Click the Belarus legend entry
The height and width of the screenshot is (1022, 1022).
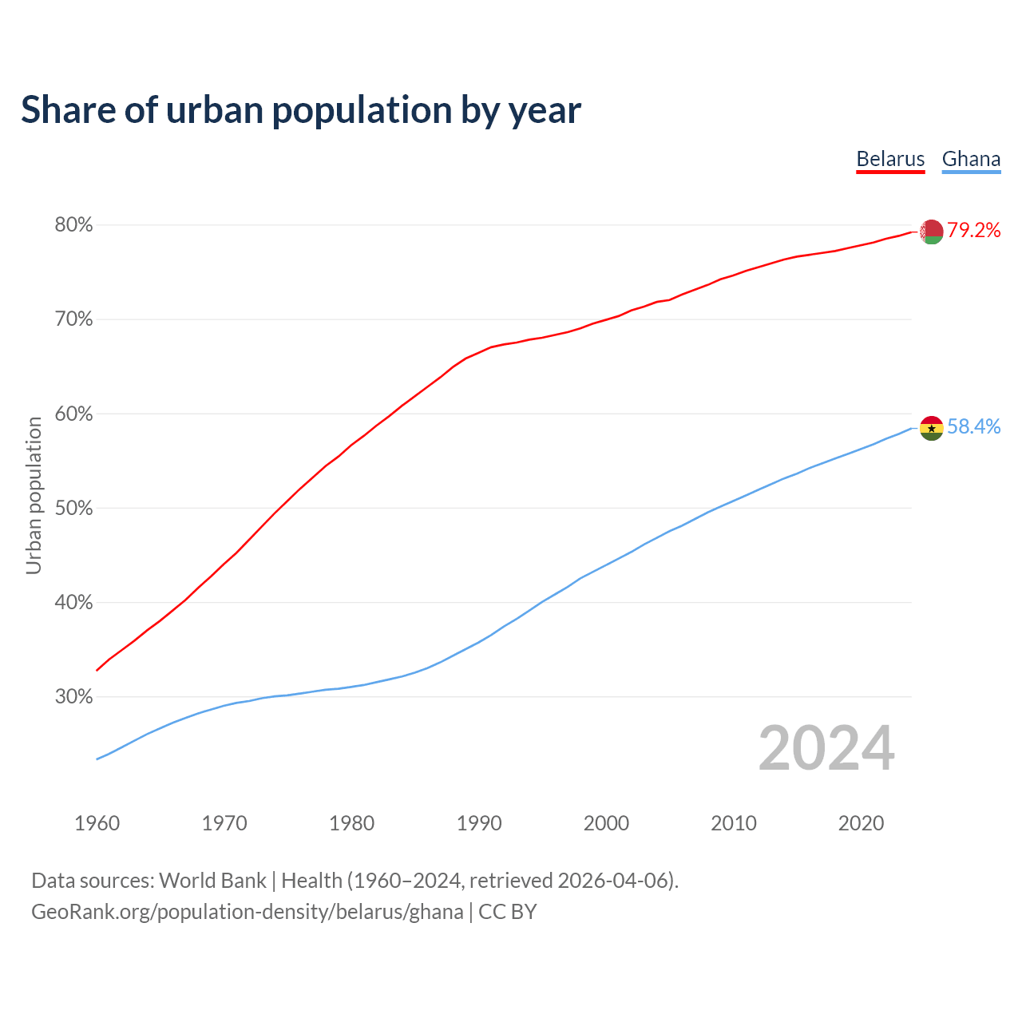[x=890, y=159]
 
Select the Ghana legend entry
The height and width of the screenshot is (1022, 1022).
[x=971, y=159]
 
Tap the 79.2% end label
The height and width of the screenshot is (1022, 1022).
[x=974, y=231]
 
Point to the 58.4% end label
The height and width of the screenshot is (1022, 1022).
[x=974, y=427]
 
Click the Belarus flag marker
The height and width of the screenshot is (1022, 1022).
[x=932, y=232]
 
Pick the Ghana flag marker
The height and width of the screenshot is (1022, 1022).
[x=932, y=428]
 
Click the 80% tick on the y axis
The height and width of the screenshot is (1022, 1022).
[x=73, y=225]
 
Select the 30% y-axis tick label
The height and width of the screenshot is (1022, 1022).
[x=73, y=697]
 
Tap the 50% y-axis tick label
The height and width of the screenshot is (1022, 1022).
[x=73, y=509]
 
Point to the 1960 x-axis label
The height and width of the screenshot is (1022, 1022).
[x=97, y=823]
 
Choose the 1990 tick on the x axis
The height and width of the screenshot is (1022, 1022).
[x=479, y=823]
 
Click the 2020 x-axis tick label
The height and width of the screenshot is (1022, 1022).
[x=861, y=823]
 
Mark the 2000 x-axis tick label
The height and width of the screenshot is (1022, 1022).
[x=606, y=823]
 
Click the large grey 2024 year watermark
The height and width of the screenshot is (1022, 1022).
[x=826, y=748]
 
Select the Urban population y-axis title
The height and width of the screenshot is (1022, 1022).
[x=34, y=495]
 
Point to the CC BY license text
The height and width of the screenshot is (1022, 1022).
[x=508, y=912]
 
